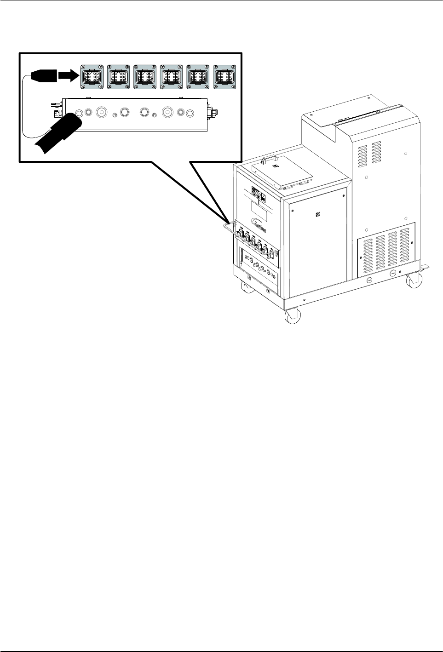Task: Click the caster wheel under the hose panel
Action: coord(247,288)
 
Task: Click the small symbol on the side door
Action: coord(317,214)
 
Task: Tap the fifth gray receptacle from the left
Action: coord(198,76)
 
